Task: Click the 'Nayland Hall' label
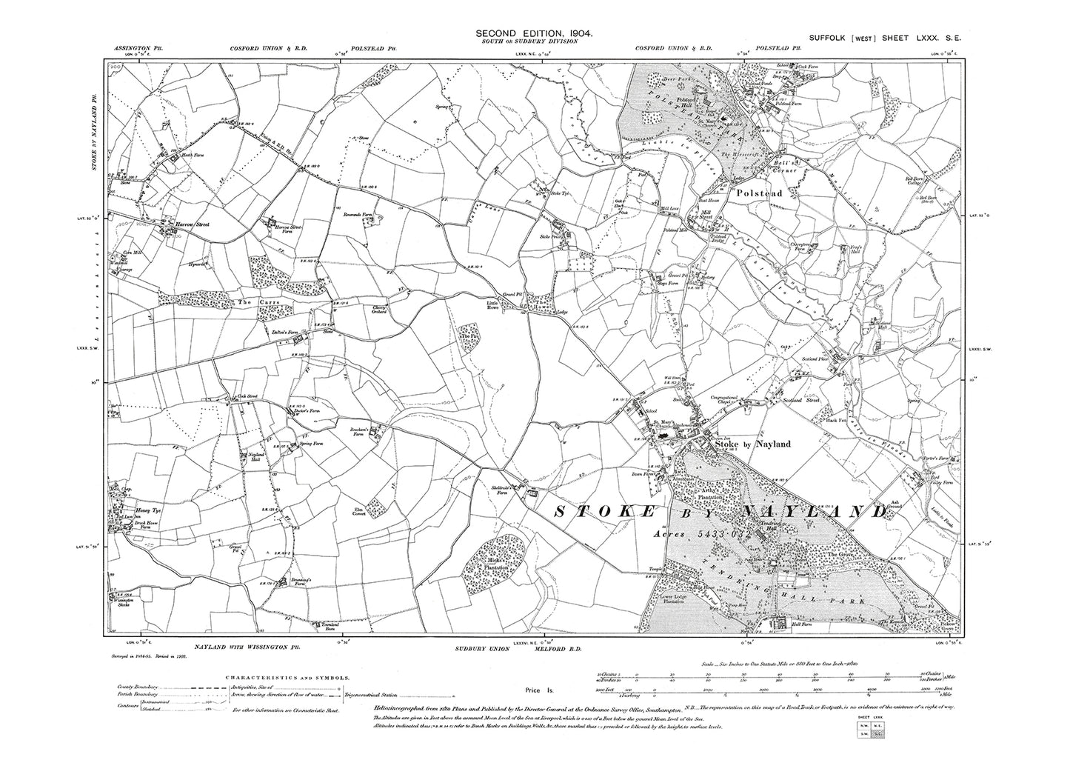pos(255,458)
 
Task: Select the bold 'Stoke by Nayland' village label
pos(760,444)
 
